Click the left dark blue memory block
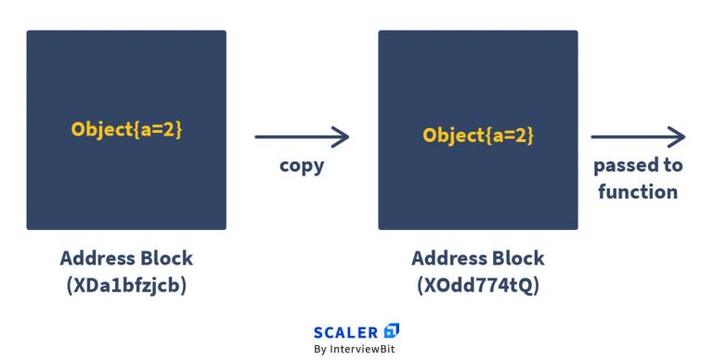coord(126,130)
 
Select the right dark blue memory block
coord(477,130)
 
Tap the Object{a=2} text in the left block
coord(126,129)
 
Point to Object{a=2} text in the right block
coord(478,135)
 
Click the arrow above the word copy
coord(302,137)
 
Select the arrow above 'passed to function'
coord(638,137)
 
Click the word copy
coord(302,167)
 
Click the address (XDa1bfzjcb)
coord(126,286)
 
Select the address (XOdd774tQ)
coord(478,286)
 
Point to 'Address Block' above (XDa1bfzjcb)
coord(126,258)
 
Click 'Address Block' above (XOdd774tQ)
coord(478,258)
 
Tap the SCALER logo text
coord(346,331)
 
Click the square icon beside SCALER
coord(392,330)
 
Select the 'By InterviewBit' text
coord(357,350)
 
